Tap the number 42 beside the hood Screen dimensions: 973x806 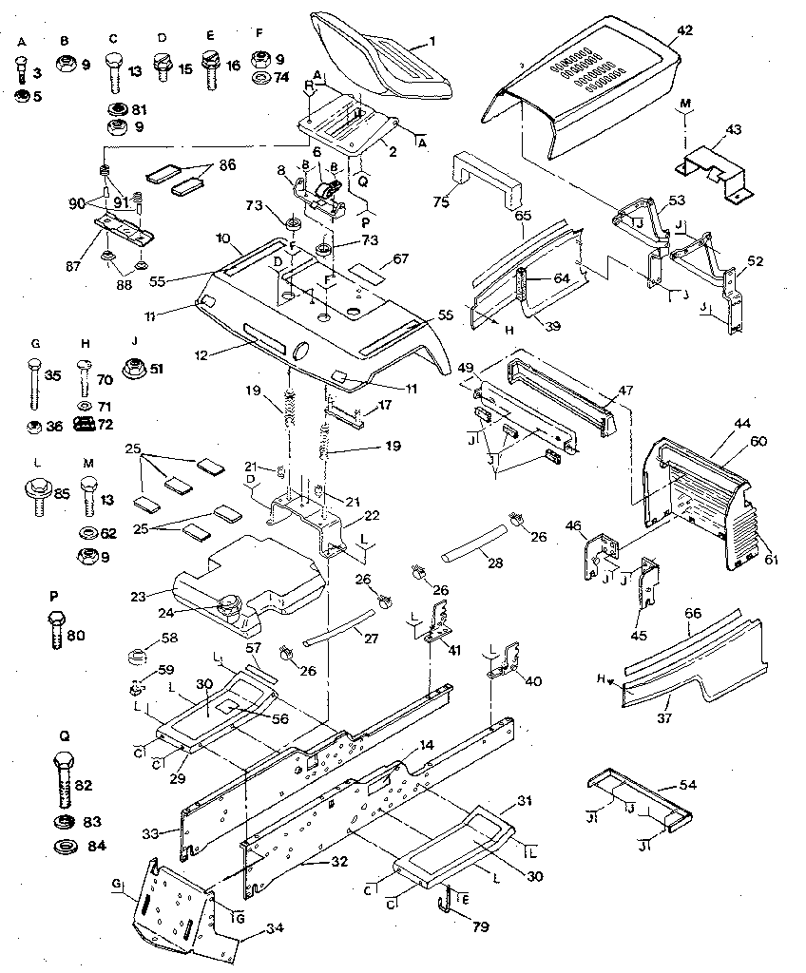pos(684,29)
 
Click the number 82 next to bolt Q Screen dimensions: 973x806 pos(84,784)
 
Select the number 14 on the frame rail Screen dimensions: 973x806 pos(426,745)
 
